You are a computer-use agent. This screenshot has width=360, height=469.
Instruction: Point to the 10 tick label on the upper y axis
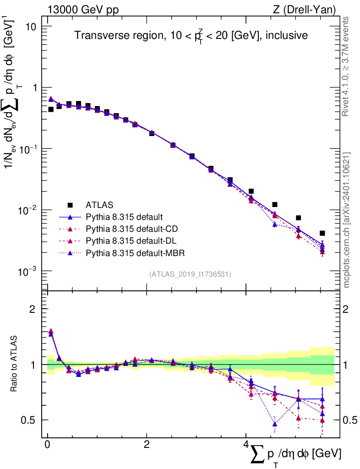[30, 26]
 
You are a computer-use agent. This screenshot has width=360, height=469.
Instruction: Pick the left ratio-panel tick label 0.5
[29, 420]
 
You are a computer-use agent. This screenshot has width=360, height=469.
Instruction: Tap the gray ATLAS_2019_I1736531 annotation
[190, 274]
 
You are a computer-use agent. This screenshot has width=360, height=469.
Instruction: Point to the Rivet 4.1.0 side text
[346, 66]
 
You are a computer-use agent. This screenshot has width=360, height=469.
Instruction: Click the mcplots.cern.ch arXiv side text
[346, 220]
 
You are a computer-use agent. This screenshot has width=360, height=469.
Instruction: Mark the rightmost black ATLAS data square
[322, 233]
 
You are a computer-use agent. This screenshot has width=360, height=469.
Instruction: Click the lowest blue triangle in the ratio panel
[275, 424]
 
